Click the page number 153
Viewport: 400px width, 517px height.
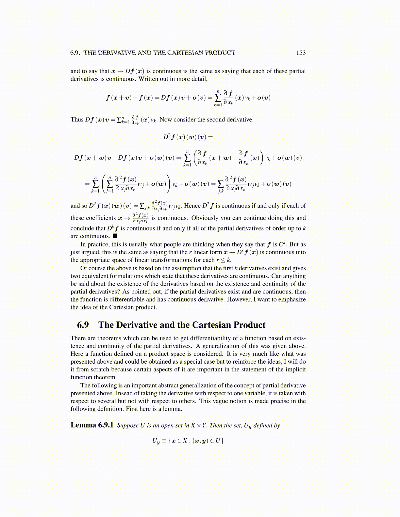[301, 53]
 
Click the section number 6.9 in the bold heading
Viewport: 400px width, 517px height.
[83, 325]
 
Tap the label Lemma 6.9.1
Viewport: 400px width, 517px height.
[92, 425]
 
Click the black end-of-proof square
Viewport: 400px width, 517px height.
[115, 236]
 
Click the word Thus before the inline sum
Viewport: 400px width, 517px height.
[77, 119]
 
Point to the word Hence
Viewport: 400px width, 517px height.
[192, 206]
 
